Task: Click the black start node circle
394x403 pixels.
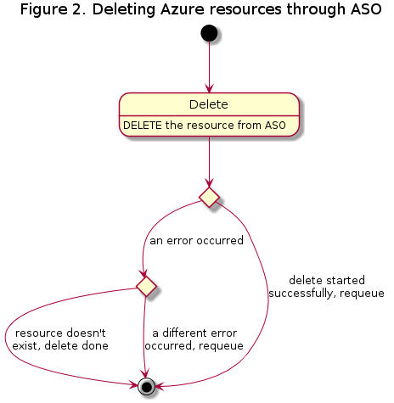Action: click(209, 33)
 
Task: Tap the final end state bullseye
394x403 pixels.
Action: click(146, 386)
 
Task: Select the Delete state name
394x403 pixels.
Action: click(209, 104)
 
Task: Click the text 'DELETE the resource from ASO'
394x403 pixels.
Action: click(205, 126)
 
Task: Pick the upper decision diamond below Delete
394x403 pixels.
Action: click(209, 197)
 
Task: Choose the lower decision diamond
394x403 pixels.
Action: click(146, 286)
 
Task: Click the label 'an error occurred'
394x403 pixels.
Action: click(196, 241)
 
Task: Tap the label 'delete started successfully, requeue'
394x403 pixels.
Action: click(327, 287)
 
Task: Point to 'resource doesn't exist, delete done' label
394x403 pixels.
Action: click(60, 339)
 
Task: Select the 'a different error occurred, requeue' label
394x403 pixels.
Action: click(194, 339)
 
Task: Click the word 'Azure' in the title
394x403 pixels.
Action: click(183, 9)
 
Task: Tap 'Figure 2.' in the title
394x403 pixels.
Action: click(54, 10)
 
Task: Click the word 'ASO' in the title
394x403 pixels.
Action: click(366, 9)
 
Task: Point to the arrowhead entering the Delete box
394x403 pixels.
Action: click(209, 89)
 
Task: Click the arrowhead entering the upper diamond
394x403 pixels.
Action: click(209, 183)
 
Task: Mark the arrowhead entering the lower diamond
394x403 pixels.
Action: click(144, 273)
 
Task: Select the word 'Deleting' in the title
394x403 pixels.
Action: click(124, 10)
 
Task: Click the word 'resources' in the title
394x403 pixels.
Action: click(245, 10)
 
